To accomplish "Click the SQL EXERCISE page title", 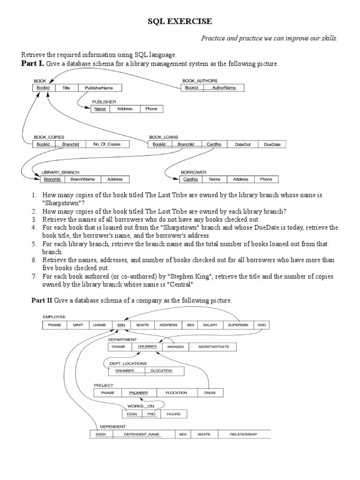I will click(180, 21).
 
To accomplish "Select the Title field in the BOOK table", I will click(66, 88).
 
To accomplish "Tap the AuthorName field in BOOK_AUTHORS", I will click(224, 88).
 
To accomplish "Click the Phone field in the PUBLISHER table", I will click(151, 109).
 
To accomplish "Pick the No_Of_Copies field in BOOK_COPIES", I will click(107, 144).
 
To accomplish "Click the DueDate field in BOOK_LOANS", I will click(272, 144).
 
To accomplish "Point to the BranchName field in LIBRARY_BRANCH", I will click(82, 179).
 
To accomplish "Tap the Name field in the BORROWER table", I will click(215, 179).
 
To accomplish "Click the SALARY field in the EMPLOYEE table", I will click(210, 324).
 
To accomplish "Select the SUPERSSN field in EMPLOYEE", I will click(238, 324).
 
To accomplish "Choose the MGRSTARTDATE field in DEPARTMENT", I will click(214, 347).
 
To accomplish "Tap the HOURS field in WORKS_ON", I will click(173, 414).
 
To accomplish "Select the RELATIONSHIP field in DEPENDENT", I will click(243, 435).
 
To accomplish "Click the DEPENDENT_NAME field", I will click(142, 435).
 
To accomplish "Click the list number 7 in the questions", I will click(34, 277).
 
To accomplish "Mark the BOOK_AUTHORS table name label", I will click(200, 81).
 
